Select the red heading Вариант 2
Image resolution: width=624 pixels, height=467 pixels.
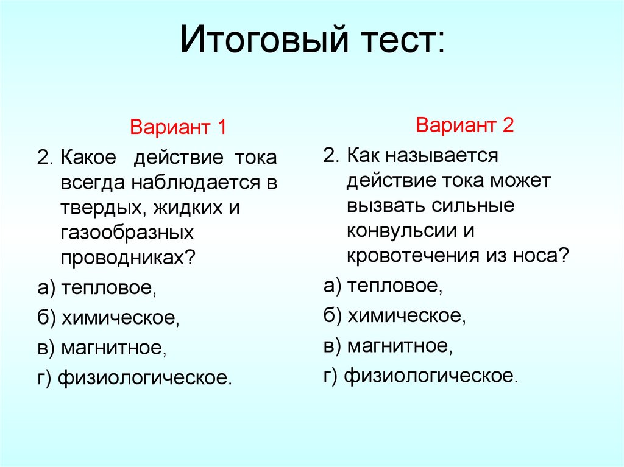click(x=466, y=126)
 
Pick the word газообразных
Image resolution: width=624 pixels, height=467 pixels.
click(x=127, y=233)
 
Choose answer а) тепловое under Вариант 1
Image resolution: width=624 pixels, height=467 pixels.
click(x=97, y=288)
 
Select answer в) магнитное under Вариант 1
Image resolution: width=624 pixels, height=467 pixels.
click(x=101, y=348)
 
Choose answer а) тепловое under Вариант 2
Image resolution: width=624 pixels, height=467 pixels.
click(x=383, y=285)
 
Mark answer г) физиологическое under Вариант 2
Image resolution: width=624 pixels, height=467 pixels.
click(x=420, y=376)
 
